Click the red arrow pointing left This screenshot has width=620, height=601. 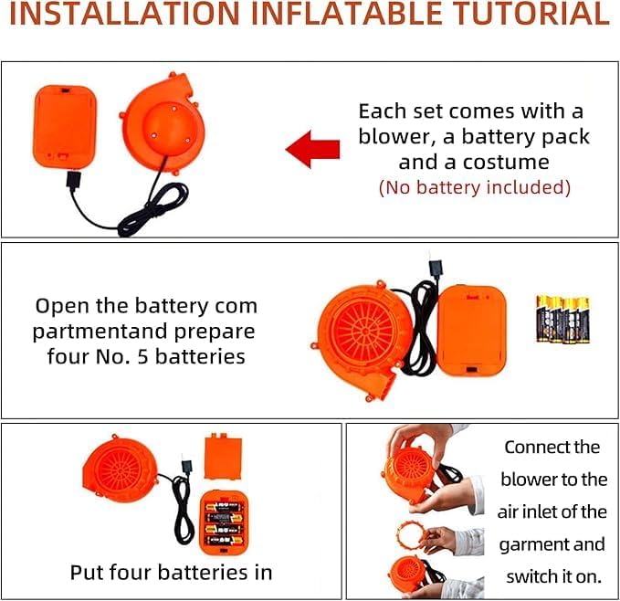pos(312,150)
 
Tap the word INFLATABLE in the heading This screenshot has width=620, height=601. pos(346,13)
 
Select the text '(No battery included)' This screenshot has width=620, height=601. pos(475,187)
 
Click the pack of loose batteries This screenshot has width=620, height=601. pos(562,319)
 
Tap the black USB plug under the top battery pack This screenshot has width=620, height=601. pos(74,180)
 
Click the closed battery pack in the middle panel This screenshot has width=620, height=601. pos(472,332)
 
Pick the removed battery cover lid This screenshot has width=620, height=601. pos(224,457)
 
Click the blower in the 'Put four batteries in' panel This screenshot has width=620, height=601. pos(120,469)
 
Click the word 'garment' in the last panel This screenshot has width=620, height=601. pos(533,545)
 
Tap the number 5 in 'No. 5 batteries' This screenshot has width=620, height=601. pos(142,356)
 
